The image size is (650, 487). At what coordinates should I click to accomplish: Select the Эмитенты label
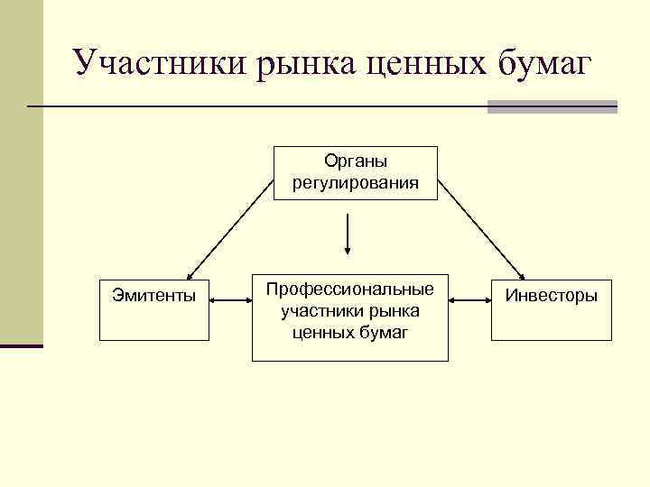[x=153, y=295]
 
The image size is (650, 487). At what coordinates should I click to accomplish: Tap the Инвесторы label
[x=551, y=295]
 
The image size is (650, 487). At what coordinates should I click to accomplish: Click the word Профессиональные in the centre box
[x=349, y=290]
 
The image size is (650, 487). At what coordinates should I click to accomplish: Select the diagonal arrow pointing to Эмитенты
[x=230, y=229]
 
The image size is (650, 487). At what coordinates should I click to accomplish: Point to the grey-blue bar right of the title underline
[x=552, y=106]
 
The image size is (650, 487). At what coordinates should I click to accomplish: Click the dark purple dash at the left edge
[x=22, y=345]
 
